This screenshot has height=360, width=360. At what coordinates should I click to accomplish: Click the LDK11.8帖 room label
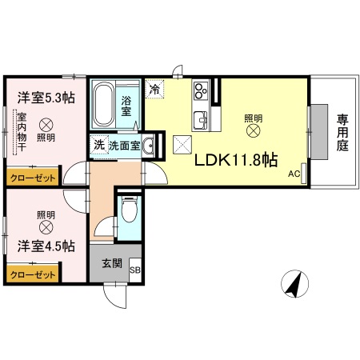[x=237, y=159]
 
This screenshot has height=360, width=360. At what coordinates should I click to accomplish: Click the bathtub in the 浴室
[x=103, y=109]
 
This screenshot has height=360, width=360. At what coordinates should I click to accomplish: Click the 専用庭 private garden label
[x=342, y=134]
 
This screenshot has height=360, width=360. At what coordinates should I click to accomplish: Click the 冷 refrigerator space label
[x=155, y=90]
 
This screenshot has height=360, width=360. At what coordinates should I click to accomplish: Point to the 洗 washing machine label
[x=98, y=145]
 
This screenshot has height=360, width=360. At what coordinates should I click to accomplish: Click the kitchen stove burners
[x=199, y=91]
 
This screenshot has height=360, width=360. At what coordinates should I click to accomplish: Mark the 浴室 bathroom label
[x=126, y=106]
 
